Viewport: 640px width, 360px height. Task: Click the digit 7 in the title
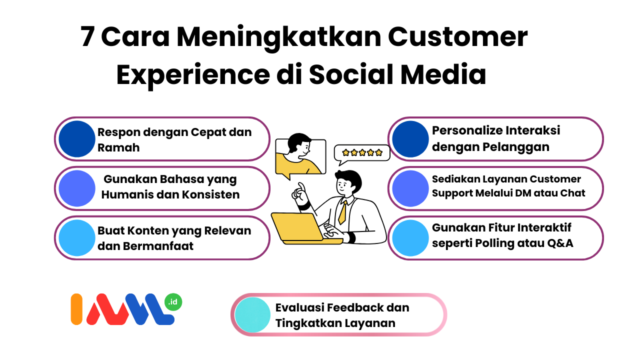87,36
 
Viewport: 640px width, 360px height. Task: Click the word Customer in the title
457,36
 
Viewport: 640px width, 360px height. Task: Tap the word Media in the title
443,74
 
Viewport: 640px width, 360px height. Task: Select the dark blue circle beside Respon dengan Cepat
77,139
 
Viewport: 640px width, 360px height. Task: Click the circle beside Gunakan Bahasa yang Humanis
77,188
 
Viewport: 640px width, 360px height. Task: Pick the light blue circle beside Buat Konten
77,237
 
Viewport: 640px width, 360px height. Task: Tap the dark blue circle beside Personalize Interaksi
410,139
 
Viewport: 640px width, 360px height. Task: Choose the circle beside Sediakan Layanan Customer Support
410,188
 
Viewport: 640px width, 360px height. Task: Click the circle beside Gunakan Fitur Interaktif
410,237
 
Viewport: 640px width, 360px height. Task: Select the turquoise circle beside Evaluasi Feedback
252,315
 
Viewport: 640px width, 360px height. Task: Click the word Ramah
118,147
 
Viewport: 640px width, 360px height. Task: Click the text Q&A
560,243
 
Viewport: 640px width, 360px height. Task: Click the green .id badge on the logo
173,302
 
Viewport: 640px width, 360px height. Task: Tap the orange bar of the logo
76,309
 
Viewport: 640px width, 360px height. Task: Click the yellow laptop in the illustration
303,228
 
